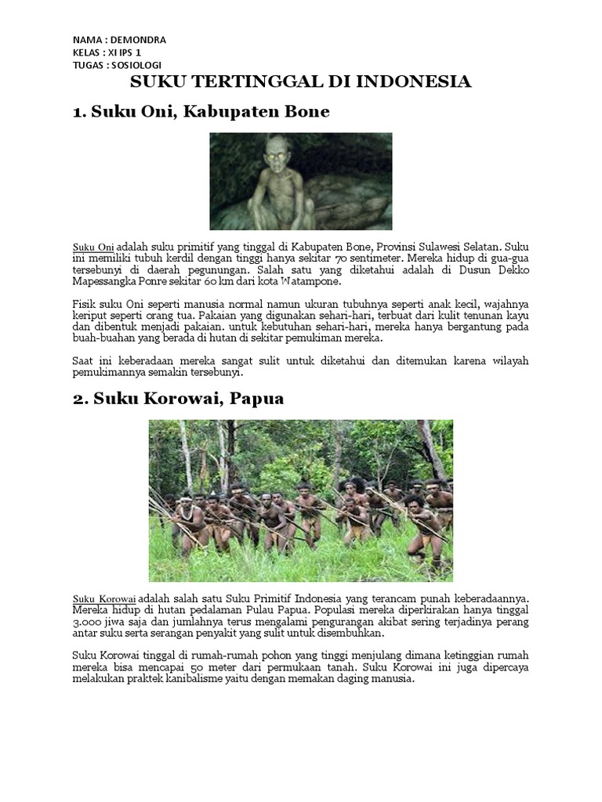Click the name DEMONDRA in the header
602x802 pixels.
click(x=139, y=40)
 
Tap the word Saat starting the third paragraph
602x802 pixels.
click(x=84, y=359)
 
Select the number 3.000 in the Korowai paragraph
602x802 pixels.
click(x=88, y=621)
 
